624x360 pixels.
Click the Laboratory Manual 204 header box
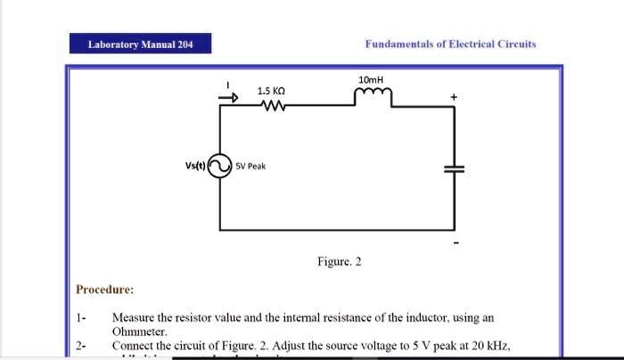141,44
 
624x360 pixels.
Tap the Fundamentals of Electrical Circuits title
450,44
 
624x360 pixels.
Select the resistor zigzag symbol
271,107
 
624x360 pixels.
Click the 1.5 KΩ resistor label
271,91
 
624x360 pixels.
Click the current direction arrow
230,100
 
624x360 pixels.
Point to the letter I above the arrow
229,86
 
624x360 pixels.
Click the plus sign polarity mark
454,96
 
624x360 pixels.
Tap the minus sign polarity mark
456,241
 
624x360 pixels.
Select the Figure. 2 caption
340,261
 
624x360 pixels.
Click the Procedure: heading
105,290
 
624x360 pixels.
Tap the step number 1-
81,317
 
